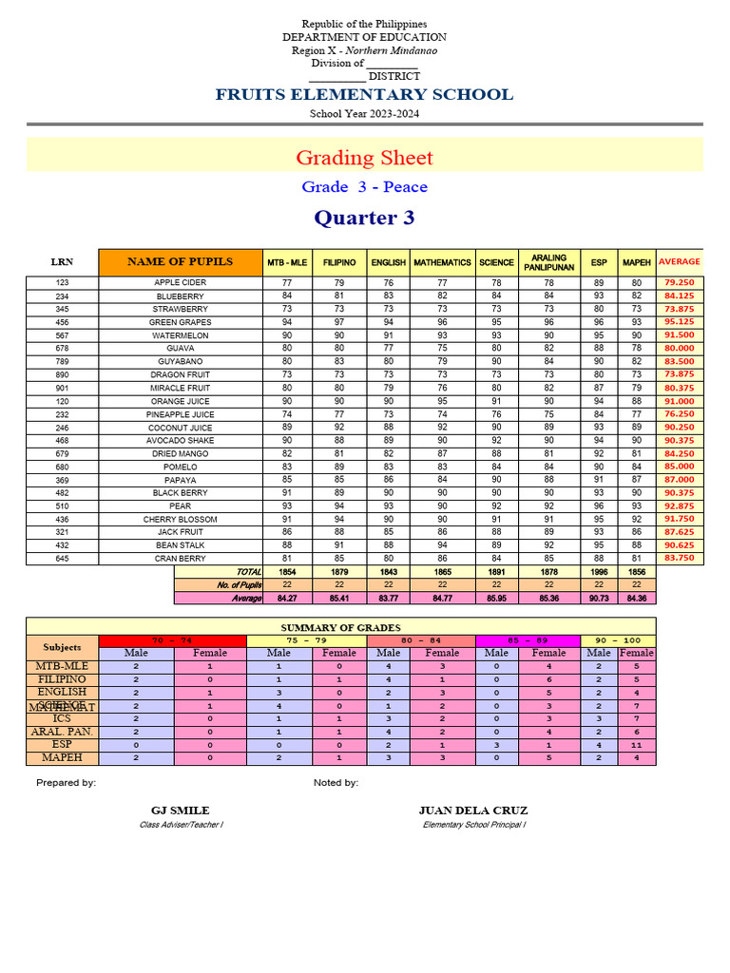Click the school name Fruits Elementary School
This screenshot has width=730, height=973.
pos(364,94)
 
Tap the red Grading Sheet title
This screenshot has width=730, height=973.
pos(364,158)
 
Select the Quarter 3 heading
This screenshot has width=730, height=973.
pos(364,218)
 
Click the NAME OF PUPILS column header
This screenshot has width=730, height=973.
pos(181,261)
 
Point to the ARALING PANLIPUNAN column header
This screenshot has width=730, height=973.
pos(548,262)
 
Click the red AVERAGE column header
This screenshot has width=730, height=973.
pos(679,261)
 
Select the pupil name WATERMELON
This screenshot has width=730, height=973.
pos(181,335)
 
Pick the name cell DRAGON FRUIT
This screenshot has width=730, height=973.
pos(181,375)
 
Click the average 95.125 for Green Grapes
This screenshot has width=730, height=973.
pos(679,322)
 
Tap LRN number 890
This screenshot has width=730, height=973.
pos(62,375)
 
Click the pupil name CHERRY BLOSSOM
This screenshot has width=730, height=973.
pos(181,520)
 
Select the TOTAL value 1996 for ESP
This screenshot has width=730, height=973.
pos(599,573)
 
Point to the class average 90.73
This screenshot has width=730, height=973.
pos(599,599)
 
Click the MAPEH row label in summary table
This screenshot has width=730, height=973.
pos(62,758)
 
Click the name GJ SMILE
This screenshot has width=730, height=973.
pos(181,811)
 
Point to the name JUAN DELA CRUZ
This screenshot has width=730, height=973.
pos(473,811)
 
